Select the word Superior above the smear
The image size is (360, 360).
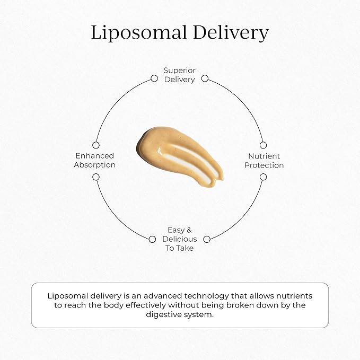(x=179, y=70)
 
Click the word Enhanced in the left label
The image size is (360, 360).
(x=94, y=156)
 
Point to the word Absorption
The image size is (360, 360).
(x=94, y=165)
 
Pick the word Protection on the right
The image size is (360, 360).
(x=265, y=165)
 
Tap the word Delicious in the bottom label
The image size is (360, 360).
(x=180, y=239)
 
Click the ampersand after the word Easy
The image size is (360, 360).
(x=188, y=230)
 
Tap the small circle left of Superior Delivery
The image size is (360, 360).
(x=154, y=78)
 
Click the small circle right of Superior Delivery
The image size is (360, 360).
(x=205, y=78)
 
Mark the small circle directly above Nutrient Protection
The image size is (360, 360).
(x=264, y=145)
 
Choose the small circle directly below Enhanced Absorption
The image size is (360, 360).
(x=96, y=177)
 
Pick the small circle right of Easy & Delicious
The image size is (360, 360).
(x=207, y=239)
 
